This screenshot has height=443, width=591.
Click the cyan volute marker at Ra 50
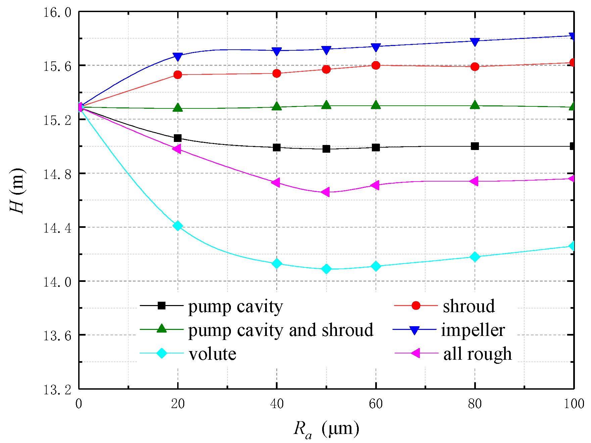326,269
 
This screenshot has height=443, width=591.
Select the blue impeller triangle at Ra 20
178,57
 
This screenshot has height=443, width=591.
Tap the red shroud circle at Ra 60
376,65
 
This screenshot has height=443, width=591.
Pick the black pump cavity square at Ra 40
277,147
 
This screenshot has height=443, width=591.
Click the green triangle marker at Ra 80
475,105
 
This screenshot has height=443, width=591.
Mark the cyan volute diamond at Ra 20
178,226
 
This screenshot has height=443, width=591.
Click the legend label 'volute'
212,354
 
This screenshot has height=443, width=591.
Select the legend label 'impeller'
473,330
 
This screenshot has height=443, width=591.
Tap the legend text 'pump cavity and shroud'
281,330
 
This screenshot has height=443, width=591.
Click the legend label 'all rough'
477,354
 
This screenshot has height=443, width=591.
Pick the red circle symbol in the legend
416,305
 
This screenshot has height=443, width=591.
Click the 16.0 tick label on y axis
57,12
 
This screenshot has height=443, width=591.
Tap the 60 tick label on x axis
376,404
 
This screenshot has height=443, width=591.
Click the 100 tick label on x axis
574,404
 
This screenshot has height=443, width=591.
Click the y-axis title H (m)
17,191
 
